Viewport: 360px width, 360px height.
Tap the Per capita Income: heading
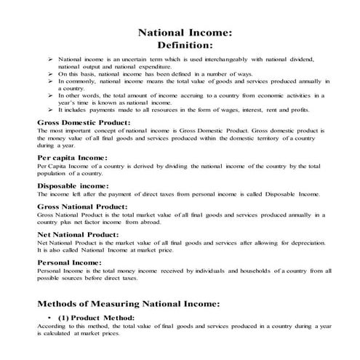[72, 157]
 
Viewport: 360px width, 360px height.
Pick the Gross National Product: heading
[84, 207]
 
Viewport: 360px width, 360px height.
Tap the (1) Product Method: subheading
[98, 318]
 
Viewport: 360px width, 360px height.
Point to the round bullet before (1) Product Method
[48, 319]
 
